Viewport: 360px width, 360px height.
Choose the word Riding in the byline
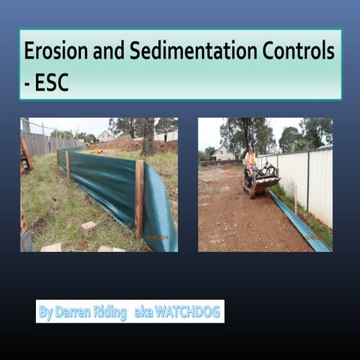click(x=109, y=312)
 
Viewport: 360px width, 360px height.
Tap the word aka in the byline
click(x=143, y=312)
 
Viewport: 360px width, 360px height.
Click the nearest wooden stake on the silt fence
click(x=139, y=199)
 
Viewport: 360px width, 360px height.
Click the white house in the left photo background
click(x=105, y=136)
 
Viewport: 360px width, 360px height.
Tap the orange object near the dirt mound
click(x=97, y=151)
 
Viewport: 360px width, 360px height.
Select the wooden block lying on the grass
click(x=88, y=225)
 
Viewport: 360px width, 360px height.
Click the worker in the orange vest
click(x=250, y=160)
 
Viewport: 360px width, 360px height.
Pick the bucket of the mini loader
click(x=267, y=181)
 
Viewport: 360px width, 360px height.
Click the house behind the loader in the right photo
click(x=223, y=154)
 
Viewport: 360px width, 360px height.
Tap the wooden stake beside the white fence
click(x=295, y=198)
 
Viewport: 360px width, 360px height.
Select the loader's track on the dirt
click(x=250, y=192)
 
